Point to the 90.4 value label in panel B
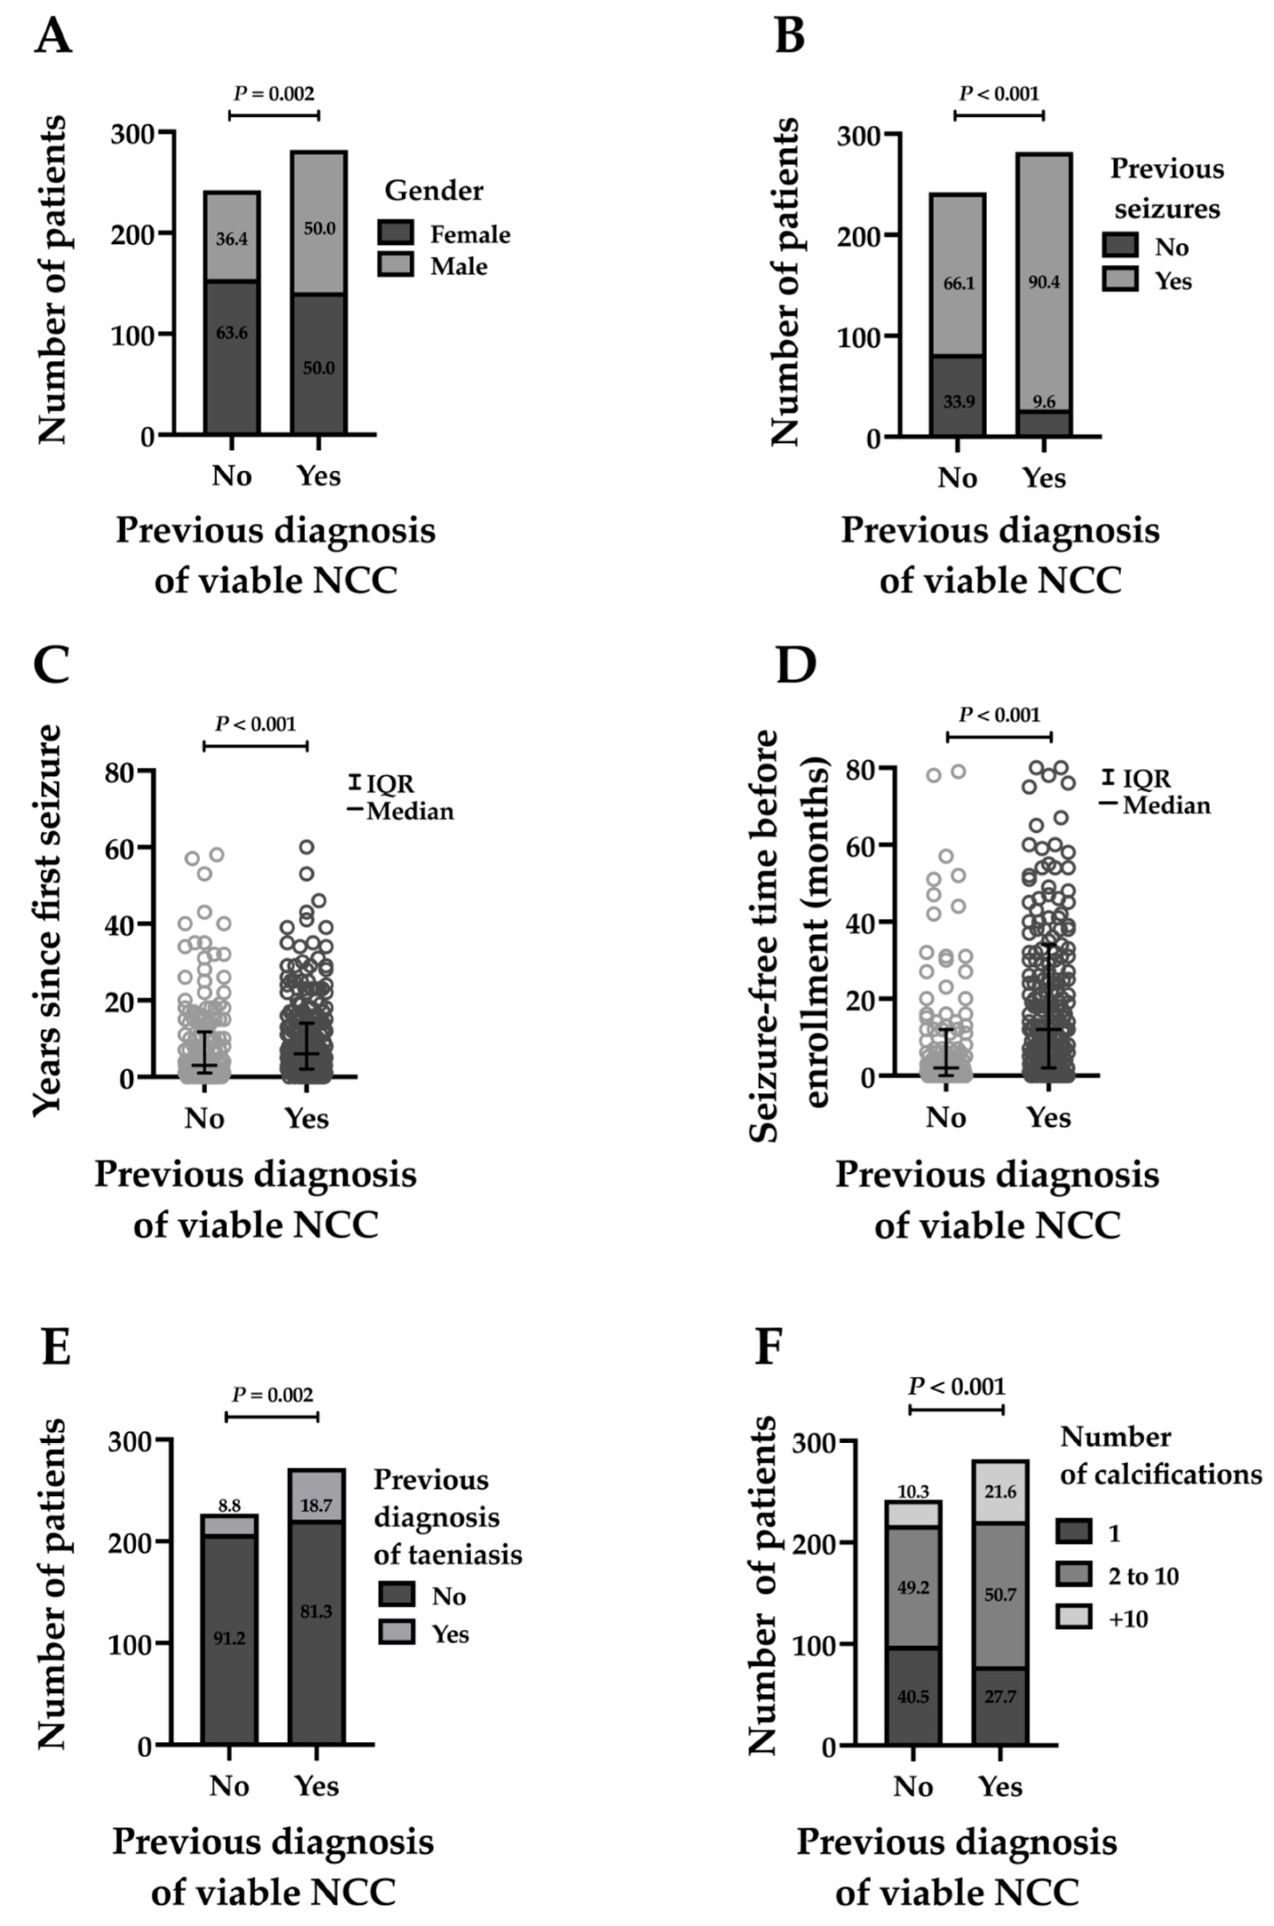click(1043, 283)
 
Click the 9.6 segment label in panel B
click(1043, 401)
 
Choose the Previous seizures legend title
click(1167, 189)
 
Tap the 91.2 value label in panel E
click(229, 1638)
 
